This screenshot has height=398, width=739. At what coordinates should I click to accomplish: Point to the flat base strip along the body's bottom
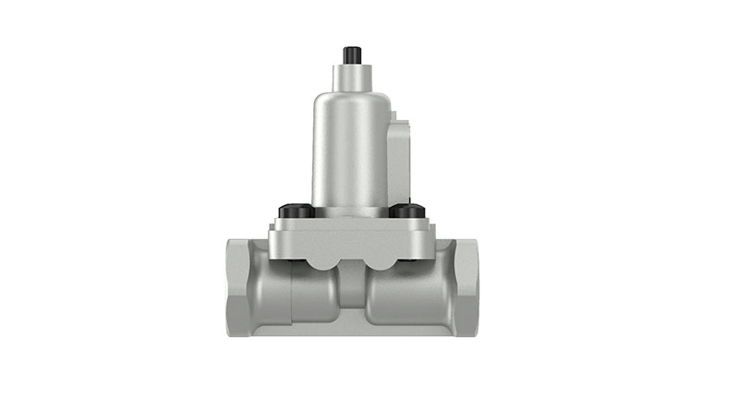(350, 329)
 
